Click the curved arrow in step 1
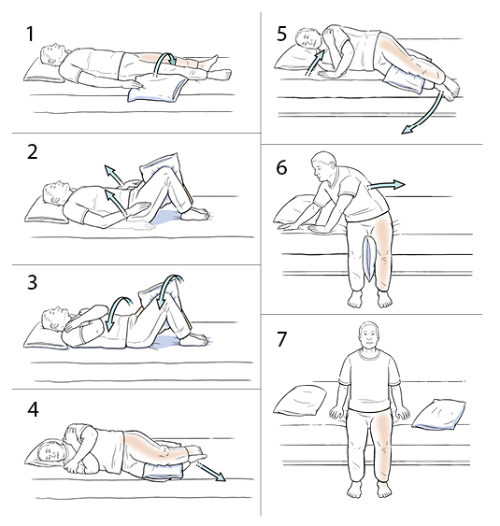pyautogui.click(x=167, y=71)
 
